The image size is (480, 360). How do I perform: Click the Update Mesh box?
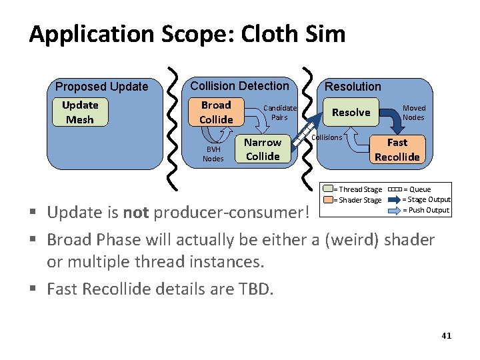(x=80, y=112)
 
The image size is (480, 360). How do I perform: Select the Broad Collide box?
(x=216, y=112)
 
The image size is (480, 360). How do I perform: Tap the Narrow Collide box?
(x=263, y=149)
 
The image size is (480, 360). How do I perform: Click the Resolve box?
(x=351, y=112)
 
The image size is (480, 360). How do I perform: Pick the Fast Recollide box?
(x=397, y=149)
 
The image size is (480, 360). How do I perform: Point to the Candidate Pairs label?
(x=280, y=112)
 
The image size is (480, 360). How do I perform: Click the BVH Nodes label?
(x=213, y=155)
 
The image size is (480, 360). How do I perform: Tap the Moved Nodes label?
(x=413, y=112)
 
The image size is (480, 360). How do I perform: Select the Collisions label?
(x=327, y=137)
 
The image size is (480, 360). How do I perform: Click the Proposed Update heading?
(x=101, y=87)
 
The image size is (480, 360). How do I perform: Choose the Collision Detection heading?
(x=239, y=86)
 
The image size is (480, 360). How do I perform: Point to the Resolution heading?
(x=353, y=87)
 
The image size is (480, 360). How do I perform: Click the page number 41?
(x=446, y=335)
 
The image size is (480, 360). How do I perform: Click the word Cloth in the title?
(x=261, y=34)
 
